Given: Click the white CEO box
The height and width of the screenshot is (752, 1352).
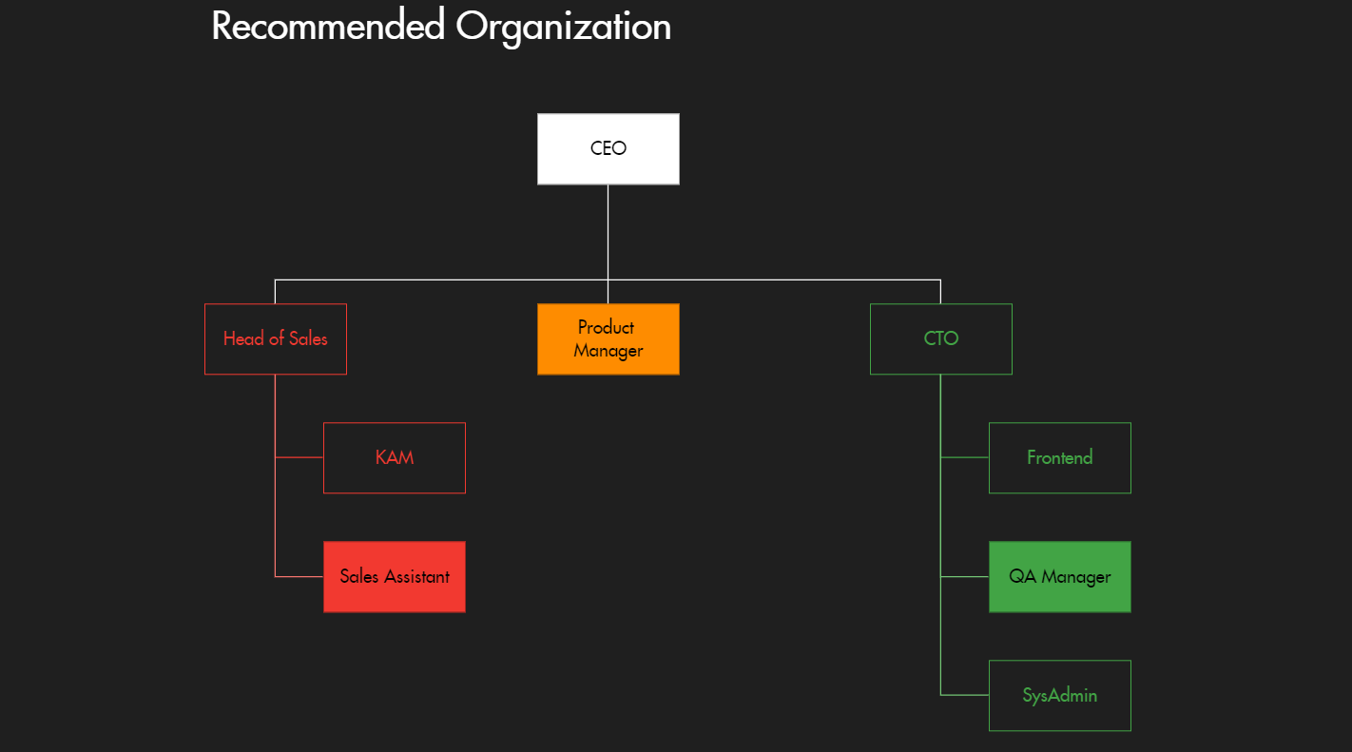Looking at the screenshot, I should tap(608, 149).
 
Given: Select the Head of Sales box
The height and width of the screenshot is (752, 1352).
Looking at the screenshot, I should tap(276, 339).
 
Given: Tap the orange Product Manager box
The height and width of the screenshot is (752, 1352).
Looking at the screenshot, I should tap(608, 339).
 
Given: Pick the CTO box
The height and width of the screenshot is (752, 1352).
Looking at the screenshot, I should tap(941, 339).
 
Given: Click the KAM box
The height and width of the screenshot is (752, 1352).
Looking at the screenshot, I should tap(395, 458).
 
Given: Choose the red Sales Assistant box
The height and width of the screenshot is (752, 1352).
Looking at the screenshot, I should tap(395, 577).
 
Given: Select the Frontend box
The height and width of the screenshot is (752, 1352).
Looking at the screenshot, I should tap(1060, 458).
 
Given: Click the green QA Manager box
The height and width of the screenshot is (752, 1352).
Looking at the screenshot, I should tap(1060, 577).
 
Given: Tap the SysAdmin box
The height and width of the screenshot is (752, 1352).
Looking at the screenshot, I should tap(1060, 696).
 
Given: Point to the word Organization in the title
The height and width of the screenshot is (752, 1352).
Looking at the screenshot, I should tap(563, 26).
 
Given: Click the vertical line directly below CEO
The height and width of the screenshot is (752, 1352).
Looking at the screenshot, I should tap(608, 233).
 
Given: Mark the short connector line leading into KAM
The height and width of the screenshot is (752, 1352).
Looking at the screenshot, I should tap(299, 457).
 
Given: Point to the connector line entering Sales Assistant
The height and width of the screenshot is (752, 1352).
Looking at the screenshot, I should tap(299, 576).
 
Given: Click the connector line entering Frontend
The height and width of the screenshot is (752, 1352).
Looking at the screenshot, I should tap(965, 457).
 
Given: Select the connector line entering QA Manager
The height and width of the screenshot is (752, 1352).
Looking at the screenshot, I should tap(965, 576).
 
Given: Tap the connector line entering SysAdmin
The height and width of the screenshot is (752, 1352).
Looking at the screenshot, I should tap(965, 695).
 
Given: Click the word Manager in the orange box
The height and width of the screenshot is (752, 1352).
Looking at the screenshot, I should tap(608, 351).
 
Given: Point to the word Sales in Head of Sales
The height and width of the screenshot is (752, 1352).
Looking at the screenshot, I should tap(308, 339).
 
